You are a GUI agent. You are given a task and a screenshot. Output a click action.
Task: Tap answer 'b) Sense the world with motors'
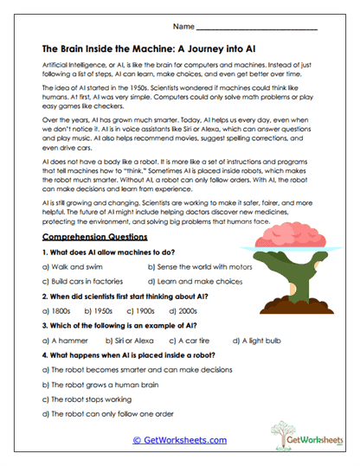point(200,267)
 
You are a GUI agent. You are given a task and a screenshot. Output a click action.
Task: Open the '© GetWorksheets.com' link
point(179,439)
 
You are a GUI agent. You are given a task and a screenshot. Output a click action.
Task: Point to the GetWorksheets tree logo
point(294,433)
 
